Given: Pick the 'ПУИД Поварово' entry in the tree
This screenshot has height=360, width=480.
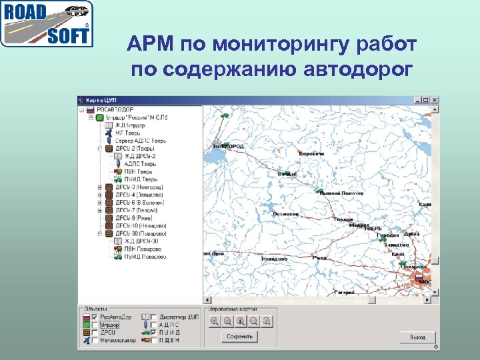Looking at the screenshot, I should click(140, 257).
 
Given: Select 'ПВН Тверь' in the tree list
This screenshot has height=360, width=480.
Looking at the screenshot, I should click(133, 171).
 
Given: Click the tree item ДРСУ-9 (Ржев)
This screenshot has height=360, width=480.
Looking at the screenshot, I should click(134, 218).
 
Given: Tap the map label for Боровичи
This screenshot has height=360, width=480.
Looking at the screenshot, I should click(311, 153).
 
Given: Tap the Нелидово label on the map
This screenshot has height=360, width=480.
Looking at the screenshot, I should click(274, 259).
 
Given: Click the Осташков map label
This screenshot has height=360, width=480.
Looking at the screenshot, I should click(285, 214).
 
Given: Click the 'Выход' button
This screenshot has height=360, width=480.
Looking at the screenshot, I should click(417, 337).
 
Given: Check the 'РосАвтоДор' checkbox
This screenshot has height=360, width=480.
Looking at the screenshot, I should click(95, 317).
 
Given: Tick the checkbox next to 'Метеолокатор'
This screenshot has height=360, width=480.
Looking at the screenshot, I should click(95, 340).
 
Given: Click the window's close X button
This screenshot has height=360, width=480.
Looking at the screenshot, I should click(435, 100).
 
